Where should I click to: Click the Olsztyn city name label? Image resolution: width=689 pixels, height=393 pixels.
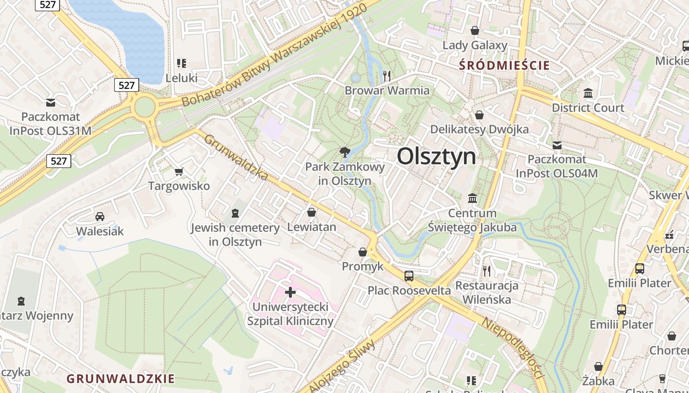click(x=437, y=157)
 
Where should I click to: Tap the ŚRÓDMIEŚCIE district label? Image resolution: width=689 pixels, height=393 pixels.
click(x=504, y=65)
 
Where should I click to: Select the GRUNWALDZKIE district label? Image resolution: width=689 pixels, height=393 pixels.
click(x=121, y=379)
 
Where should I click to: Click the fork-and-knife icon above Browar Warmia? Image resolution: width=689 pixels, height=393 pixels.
click(x=387, y=76)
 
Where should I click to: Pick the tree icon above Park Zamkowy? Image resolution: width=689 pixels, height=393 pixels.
click(x=345, y=152)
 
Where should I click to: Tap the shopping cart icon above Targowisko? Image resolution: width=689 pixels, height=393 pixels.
click(x=179, y=171)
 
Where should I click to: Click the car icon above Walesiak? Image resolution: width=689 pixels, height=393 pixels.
click(x=100, y=216)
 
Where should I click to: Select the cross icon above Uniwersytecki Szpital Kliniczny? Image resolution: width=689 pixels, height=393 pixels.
click(x=290, y=292)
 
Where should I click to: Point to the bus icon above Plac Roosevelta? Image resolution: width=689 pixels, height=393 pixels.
click(x=409, y=276)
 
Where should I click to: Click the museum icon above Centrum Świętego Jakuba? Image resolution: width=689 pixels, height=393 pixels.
click(x=472, y=198)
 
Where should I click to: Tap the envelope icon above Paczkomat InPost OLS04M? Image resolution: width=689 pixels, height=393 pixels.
click(x=557, y=145)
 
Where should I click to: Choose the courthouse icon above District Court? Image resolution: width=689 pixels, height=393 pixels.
click(x=588, y=93)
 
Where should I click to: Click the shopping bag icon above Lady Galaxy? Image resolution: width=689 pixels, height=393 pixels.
click(x=475, y=30)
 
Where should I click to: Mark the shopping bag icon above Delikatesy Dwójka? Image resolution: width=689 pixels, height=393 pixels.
click(x=479, y=115)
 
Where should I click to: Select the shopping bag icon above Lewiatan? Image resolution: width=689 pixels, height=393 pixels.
click(x=312, y=212)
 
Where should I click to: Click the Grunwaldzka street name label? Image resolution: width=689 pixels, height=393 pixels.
click(x=236, y=157)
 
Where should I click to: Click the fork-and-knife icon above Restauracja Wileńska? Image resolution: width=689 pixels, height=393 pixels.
click(x=487, y=271)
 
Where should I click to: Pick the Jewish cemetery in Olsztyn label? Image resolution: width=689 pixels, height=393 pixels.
click(x=235, y=234)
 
